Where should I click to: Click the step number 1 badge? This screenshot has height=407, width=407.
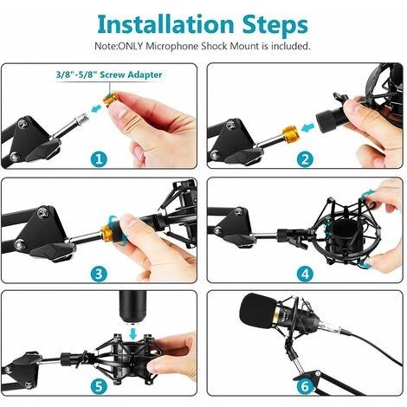(99, 159)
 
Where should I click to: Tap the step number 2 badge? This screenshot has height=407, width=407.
(305, 159)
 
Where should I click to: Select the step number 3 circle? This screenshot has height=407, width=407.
(99, 274)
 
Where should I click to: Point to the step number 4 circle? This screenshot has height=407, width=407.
(305, 274)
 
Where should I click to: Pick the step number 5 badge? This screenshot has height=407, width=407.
(99, 386)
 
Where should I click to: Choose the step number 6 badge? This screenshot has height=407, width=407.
(305, 386)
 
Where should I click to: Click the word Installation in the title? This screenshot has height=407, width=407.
(165, 24)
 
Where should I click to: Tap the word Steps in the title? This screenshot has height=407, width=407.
(275, 26)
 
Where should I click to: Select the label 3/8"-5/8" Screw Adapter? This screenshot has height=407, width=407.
(109, 74)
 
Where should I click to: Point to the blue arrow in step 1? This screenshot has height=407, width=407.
(96, 109)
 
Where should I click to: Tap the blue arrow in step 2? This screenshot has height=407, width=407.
(307, 127)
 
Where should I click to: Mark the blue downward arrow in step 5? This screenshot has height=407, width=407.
(133, 333)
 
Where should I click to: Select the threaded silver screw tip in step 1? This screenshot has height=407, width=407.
(81, 120)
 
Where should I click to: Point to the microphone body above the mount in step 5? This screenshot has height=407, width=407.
(132, 306)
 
